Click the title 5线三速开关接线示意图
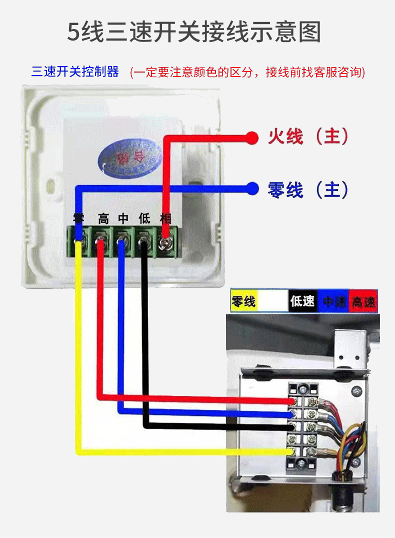[x=194, y=32]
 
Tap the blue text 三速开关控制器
[x=75, y=72]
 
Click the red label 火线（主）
[x=308, y=136]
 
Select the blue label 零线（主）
[x=308, y=190]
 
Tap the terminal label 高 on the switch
[x=103, y=219]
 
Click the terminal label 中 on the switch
[x=123, y=219]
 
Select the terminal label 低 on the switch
[x=144, y=219]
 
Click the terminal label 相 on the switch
[x=165, y=219]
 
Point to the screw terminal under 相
[x=164, y=244]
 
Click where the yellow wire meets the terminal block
[x=291, y=452]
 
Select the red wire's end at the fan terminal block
[x=291, y=401]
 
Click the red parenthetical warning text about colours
[x=247, y=72]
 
